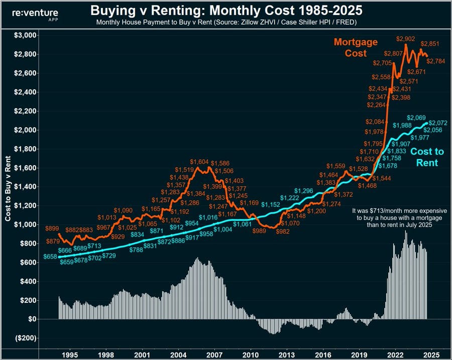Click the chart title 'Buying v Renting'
(x=225, y=11)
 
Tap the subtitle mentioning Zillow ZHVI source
(x=225, y=23)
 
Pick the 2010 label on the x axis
(x=250, y=353)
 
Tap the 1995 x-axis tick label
(x=70, y=353)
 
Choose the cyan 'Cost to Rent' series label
(x=424, y=157)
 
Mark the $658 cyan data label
(x=50, y=257)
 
